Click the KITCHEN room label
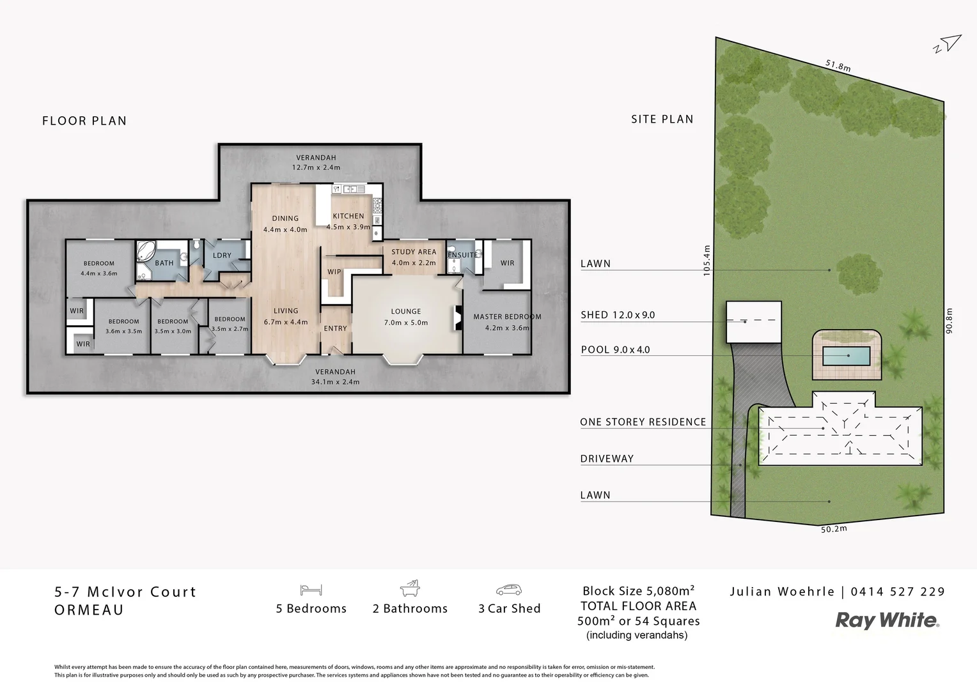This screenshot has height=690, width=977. pyautogui.click(x=348, y=216)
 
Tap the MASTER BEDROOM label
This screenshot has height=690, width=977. pyautogui.click(x=507, y=317)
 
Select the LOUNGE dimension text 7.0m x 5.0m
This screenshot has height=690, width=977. pyautogui.click(x=406, y=323)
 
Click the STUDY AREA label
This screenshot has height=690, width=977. pyautogui.click(x=414, y=252)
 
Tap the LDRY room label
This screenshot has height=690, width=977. pyautogui.click(x=222, y=256)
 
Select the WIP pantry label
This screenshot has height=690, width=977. pyautogui.click(x=334, y=272)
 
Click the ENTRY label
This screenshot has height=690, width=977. pyautogui.click(x=335, y=328)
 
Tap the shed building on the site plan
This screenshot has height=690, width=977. pyautogui.click(x=754, y=321)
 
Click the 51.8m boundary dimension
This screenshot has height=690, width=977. pyautogui.click(x=838, y=65)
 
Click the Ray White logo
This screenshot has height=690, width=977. pyautogui.click(x=887, y=620)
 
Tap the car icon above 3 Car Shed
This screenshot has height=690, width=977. pyautogui.click(x=509, y=589)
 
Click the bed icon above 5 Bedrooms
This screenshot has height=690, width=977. pyautogui.click(x=311, y=589)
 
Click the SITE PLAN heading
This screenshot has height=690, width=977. pyautogui.click(x=662, y=119)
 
